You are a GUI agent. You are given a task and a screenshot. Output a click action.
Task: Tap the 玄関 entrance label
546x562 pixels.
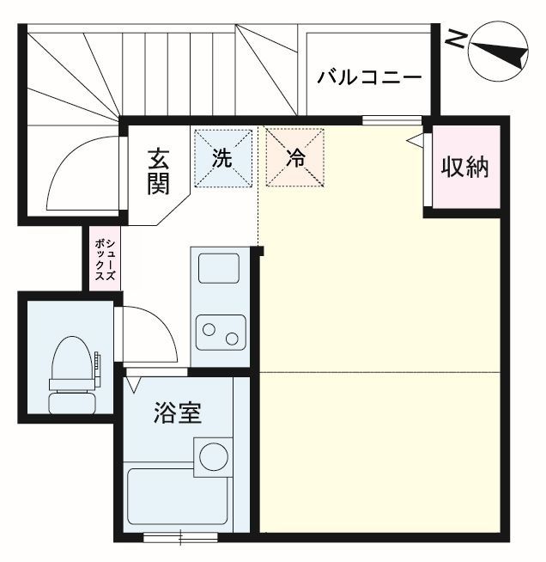(x=158, y=171)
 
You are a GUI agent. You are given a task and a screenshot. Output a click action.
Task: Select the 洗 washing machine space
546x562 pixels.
(x=222, y=158)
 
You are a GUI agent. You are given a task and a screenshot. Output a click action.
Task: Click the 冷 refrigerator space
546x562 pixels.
(x=295, y=158)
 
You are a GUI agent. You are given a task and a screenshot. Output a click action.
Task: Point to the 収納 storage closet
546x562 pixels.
(x=464, y=167)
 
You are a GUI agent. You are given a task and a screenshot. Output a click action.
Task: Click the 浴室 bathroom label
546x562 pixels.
(x=178, y=413)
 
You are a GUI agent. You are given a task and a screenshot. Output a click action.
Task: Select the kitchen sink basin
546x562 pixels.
(x=219, y=267)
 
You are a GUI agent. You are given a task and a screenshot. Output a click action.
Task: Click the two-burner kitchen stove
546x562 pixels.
(x=219, y=330)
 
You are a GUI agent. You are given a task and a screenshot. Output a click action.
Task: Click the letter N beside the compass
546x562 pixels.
(x=458, y=39)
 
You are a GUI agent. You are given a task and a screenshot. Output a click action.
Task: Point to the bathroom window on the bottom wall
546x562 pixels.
(x=180, y=539)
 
